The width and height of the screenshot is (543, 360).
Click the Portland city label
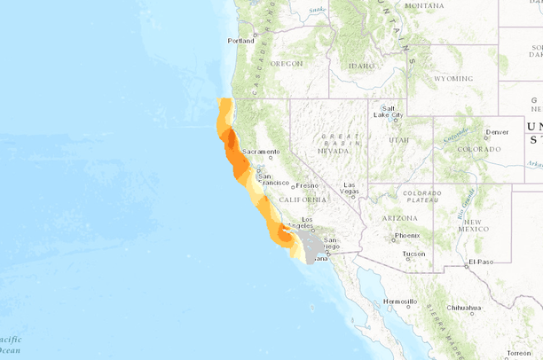click(x=240, y=41)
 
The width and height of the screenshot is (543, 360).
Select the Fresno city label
click(x=307, y=185)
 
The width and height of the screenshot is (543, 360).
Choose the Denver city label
click(x=497, y=132)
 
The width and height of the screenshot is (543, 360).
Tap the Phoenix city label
click(x=407, y=235)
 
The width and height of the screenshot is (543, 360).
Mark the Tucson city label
click(x=413, y=254)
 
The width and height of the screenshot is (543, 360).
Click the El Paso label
click(x=481, y=262)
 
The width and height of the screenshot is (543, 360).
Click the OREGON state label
click(x=286, y=64)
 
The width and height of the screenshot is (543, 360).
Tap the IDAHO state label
click(x=362, y=66)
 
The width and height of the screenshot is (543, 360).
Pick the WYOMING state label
click(x=452, y=78)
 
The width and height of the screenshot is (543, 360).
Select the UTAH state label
click(x=398, y=140)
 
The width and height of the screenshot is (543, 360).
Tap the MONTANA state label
click(x=424, y=5)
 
